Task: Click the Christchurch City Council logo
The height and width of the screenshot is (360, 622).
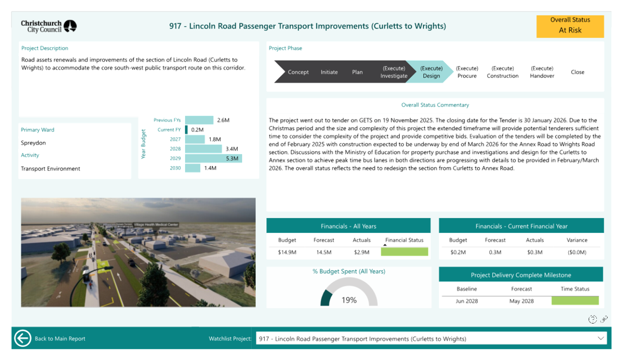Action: tap(49, 26)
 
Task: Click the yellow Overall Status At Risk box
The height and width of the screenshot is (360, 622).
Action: tap(570, 26)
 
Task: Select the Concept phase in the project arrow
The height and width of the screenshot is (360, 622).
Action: tap(298, 72)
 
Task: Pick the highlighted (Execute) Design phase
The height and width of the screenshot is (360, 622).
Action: tap(431, 72)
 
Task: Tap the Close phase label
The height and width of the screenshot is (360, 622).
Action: tap(577, 72)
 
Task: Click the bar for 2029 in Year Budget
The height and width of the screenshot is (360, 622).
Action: tap(213, 158)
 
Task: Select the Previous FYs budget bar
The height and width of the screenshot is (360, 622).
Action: tap(199, 120)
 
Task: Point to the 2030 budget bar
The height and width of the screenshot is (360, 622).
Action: tap(193, 168)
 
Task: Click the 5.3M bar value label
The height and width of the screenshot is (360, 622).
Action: tap(232, 158)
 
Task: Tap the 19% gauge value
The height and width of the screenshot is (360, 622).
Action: tap(349, 300)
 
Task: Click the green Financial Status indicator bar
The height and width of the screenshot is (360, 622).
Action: tap(404, 252)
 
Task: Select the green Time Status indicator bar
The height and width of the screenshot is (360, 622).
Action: tap(575, 301)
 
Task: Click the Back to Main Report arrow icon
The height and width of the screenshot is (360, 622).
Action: tap(22, 338)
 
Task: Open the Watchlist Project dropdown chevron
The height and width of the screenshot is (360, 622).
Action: tap(601, 338)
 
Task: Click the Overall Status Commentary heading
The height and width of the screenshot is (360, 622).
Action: tap(435, 105)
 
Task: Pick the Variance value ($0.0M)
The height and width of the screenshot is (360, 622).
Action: tap(577, 252)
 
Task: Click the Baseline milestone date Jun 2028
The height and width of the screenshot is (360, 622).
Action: tap(467, 301)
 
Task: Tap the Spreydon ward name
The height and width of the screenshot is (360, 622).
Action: tap(33, 143)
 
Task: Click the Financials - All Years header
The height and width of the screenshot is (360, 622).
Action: tap(348, 226)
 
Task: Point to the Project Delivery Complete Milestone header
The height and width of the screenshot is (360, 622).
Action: tap(521, 275)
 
